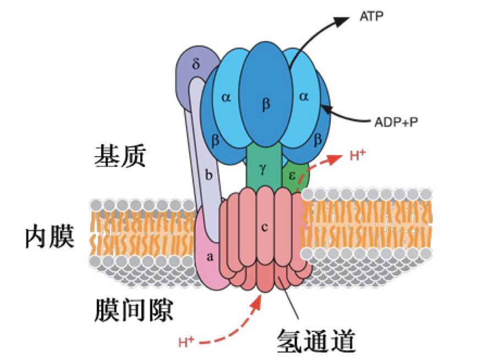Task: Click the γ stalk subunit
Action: tap(263, 168)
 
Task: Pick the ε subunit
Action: tap(292, 175)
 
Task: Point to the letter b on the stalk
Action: tap(208, 176)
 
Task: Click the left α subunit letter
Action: tap(226, 97)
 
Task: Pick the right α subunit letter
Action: tap(304, 96)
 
